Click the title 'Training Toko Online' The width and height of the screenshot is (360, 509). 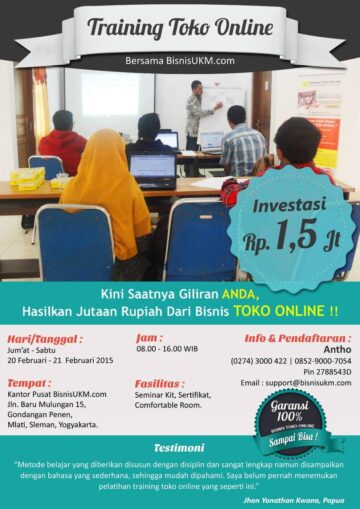coord(180,27)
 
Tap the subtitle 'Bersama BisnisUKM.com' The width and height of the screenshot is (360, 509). coord(180,60)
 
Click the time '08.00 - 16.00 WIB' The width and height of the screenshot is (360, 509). coord(167,349)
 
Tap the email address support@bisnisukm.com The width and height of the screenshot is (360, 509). coord(295,382)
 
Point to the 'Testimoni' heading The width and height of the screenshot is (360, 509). coord(179,447)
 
